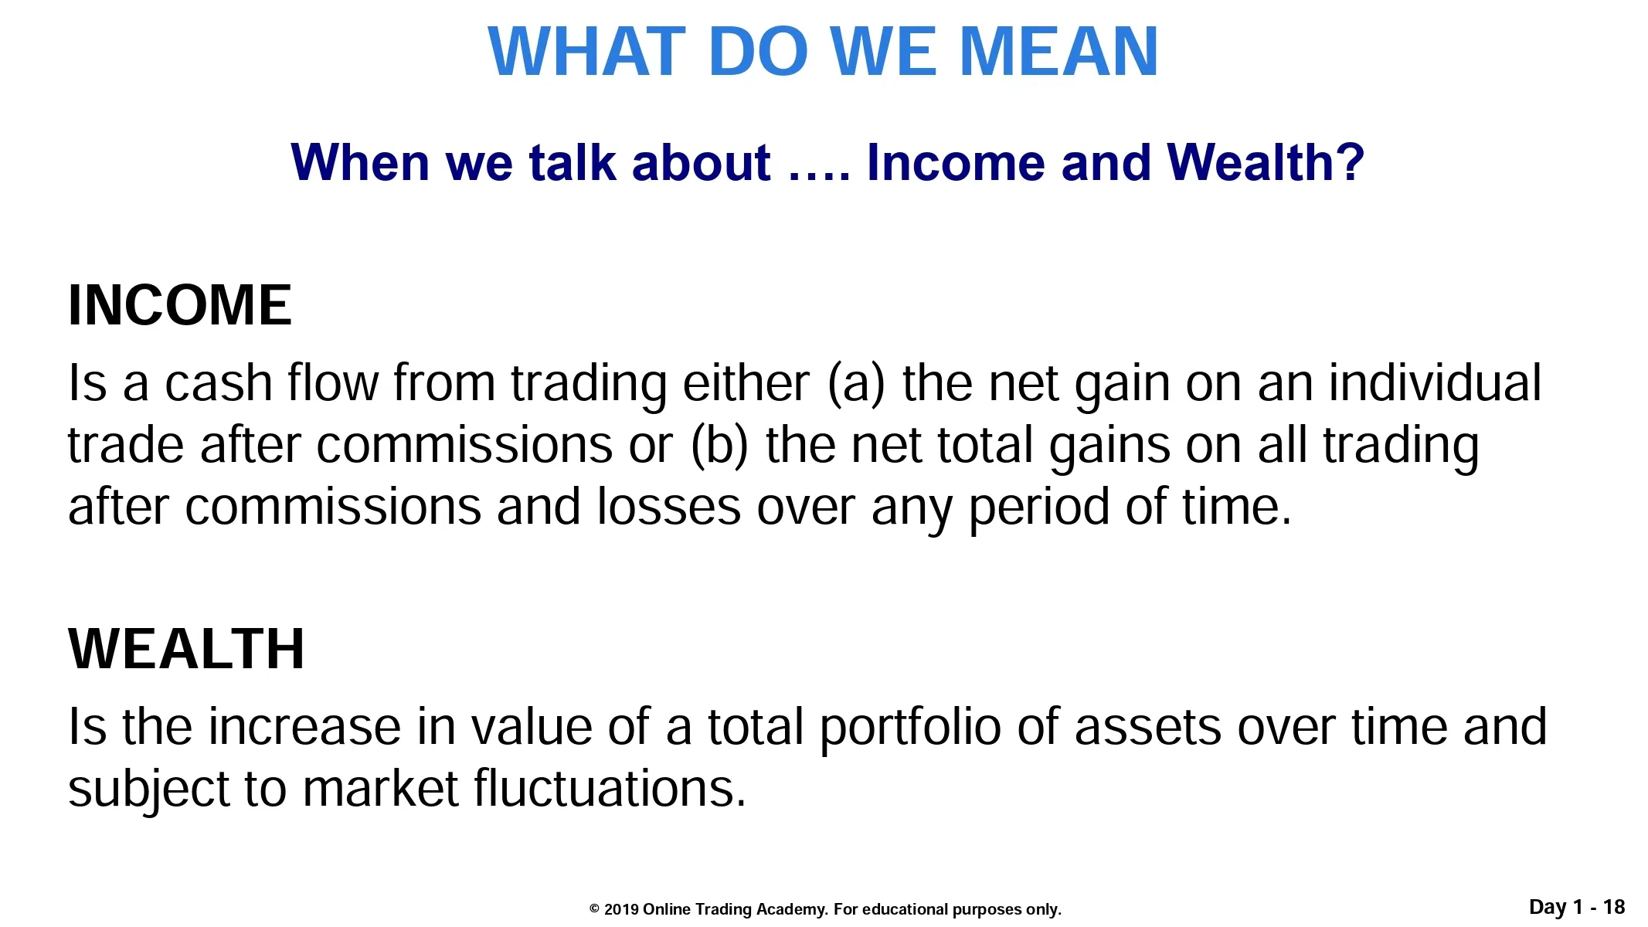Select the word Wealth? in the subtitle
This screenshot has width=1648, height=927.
(1266, 162)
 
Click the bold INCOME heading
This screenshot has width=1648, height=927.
(180, 305)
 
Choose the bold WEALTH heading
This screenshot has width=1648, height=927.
(186, 649)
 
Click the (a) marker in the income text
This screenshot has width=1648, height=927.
(856, 384)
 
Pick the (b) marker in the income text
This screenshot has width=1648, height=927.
(719, 446)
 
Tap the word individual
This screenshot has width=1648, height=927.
(1435, 382)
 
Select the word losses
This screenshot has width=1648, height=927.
(669, 508)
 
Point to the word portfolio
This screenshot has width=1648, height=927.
(910, 728)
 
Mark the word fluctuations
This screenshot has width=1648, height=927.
(610, 789)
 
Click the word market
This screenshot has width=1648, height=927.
(381, 789)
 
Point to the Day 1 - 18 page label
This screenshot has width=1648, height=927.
(1577, 907)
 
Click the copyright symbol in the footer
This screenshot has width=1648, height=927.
(595, 909)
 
